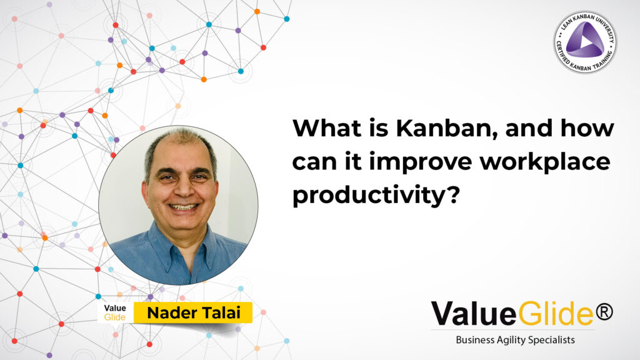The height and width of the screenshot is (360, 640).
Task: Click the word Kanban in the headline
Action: [x=447, y=128]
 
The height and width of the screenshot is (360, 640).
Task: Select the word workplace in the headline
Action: [x=545, y=162]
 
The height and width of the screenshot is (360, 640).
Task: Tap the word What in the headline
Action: [x=327, y=128]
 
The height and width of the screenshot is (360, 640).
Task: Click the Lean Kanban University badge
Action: [x=585, y=42]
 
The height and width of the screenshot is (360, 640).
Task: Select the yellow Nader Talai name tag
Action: [x=193, y=312]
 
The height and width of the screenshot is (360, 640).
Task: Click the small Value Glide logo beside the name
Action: [x=115, y=312]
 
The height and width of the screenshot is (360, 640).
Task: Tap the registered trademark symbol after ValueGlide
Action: [x=604, y=312]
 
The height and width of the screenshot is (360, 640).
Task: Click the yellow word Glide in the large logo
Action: [x=556, y=314]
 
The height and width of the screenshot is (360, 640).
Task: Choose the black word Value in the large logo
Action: [x=474, y=314]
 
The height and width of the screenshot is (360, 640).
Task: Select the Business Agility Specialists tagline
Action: [x=515, y=340]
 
